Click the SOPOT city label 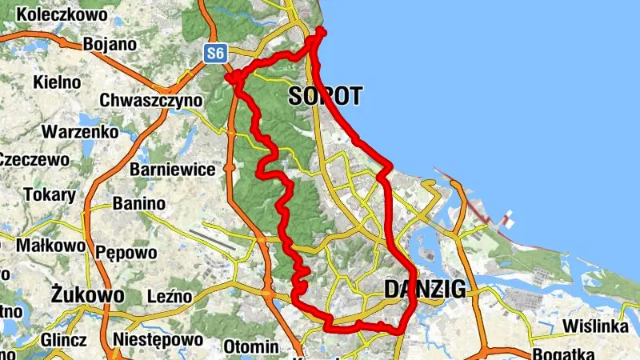324,97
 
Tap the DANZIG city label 425,290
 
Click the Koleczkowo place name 56,14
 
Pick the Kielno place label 57,82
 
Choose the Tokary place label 50,194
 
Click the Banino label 139,204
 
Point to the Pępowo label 126,253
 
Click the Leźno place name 170,297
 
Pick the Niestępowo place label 158,340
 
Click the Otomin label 250,347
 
